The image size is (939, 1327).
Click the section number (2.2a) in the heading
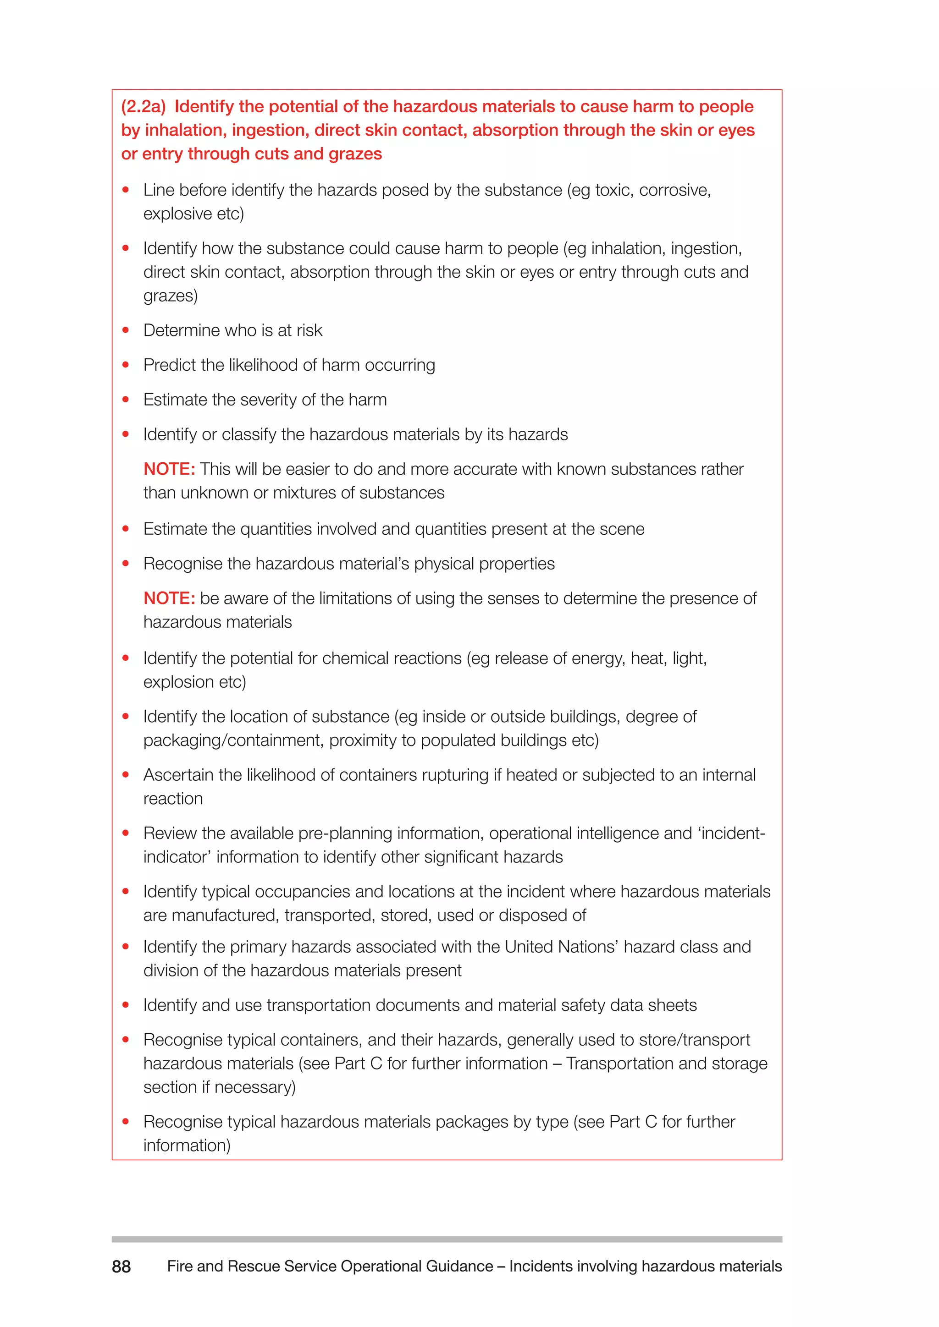143,106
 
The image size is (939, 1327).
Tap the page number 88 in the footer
122,1267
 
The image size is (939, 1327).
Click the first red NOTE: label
169,469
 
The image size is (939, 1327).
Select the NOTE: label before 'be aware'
169,598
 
